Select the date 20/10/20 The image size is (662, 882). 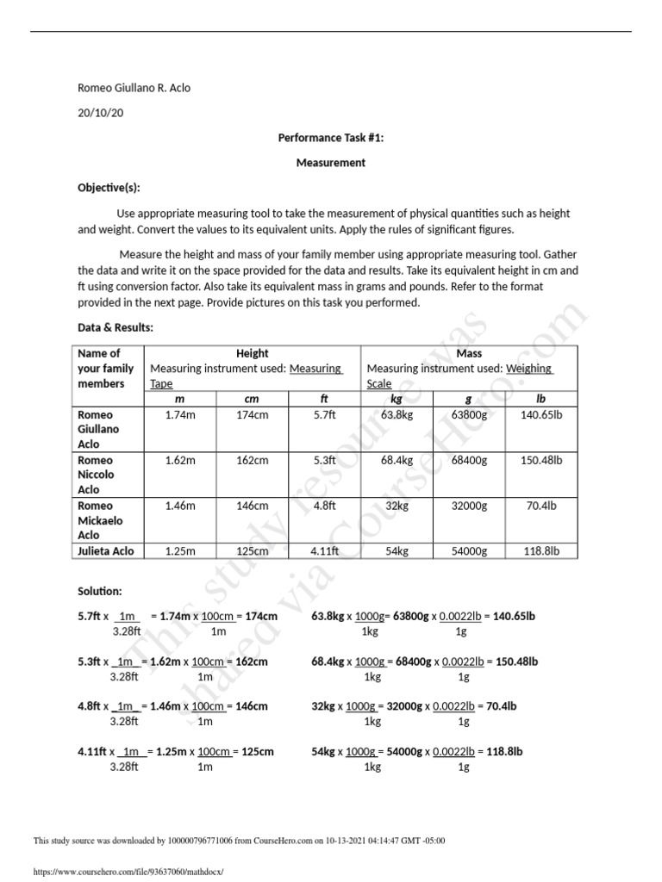pos(101,113)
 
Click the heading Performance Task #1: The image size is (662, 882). pos(331,137)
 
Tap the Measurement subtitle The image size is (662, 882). pos(331,162)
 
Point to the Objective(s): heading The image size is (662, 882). pos(109,187)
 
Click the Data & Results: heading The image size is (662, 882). pos(116,328)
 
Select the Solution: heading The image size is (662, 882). pos(100,592)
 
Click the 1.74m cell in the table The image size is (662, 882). pos(180,414)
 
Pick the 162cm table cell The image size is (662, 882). pos(252,460)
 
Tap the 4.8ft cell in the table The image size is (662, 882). pos(324,506)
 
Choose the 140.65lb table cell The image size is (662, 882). pos(540,414)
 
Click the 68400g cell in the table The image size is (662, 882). pos(469,460)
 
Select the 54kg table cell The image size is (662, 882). pos(397,550)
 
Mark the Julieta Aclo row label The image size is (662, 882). pos(106,550)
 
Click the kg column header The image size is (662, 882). pos(397,399)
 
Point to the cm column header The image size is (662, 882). pos(252,399)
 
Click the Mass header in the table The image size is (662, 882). pos(469,353)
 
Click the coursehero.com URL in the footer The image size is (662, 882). pos(128,871)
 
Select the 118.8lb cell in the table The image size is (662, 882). pos(540,550)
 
